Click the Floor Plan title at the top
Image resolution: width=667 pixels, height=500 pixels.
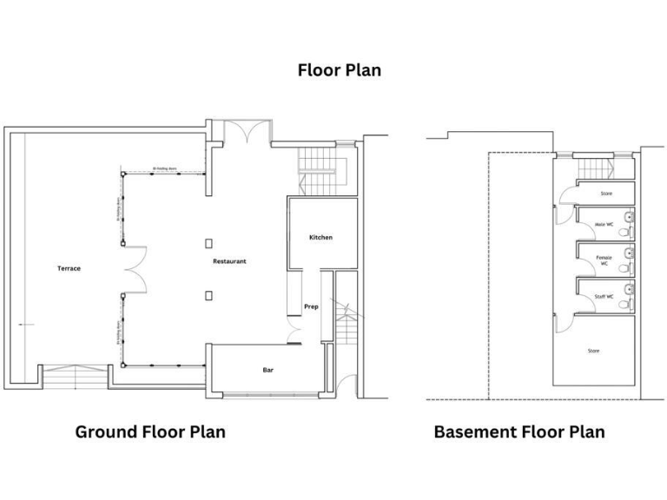339,70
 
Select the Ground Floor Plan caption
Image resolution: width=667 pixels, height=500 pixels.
150,431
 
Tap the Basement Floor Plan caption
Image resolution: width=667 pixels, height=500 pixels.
519,431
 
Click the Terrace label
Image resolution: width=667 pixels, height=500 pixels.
69,268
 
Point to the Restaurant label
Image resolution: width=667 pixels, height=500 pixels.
230,261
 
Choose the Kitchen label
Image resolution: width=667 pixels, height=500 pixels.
320,238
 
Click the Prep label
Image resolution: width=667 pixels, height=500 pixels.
310,306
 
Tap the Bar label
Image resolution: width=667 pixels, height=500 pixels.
268,370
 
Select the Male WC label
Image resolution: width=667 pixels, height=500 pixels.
604,225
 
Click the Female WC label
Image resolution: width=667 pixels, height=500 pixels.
604,260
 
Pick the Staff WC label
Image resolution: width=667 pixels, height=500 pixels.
604,297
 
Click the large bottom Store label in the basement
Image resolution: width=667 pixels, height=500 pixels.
593,351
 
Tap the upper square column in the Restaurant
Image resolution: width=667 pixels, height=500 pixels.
208,244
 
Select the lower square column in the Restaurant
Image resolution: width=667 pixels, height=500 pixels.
208,295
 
